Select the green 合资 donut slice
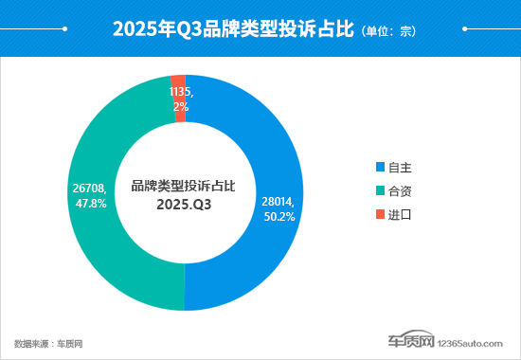(104, 246)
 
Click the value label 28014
(277, 201)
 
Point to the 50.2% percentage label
(278, 216)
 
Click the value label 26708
(88, 188)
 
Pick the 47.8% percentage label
(90, 203)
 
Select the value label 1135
(181, 93)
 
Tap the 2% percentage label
(181, 107)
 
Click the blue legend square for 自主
(380, 167)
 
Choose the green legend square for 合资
(380, 190)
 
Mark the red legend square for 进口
(380, 214)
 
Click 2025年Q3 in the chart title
(152, 29)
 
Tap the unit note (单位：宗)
(388, 30)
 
